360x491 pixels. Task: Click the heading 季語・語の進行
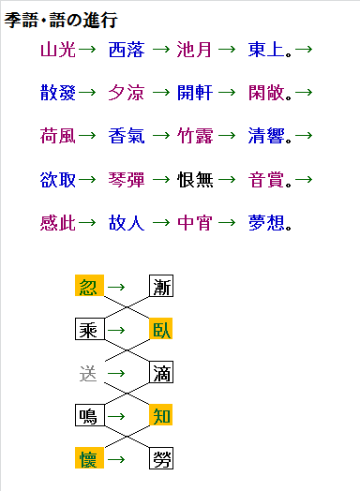click(61, 20)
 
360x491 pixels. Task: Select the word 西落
click(127, 49)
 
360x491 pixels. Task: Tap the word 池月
click(195, 49)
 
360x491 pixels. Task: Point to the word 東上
click(265, 49)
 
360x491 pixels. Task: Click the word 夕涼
click(127, 92)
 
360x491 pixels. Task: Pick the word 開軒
click(195, 92)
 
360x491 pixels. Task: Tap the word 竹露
click(195, 135)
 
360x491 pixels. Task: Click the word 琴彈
click(127, 178)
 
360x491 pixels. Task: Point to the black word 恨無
click(195, 178)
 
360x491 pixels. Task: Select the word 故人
click(127, 222)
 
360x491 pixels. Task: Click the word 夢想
click(265, 222)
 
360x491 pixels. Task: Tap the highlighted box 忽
click(88, 286)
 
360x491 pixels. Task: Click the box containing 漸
click(162, 286)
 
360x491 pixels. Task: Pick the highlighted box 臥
click(162, 329)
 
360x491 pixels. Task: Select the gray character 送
click(88, 373)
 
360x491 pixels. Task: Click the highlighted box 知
click(162, 415)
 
